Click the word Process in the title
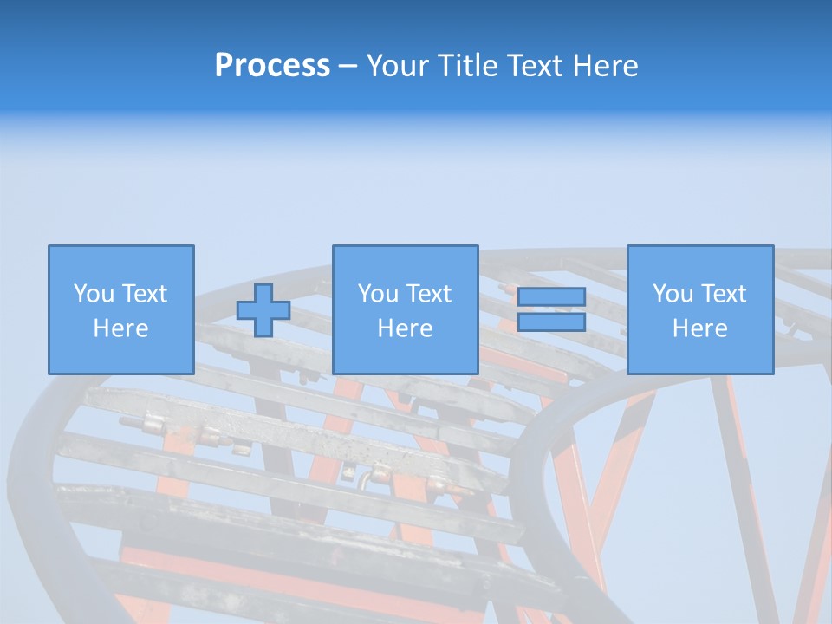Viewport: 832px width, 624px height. point(272,66)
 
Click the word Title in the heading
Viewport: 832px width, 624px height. point(467,66)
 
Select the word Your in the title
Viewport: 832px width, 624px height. point(400,66)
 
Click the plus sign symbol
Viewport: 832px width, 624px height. point(263,310)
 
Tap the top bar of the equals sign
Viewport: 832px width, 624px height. point(551,297)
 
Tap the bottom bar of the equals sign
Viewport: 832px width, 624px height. point(551,322)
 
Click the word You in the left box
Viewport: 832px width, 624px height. point(94,294)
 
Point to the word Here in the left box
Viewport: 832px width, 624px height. point(121,328)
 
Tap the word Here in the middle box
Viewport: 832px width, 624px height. point(406,328)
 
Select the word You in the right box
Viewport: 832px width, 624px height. point(673,294)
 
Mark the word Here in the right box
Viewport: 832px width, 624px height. point(700,328)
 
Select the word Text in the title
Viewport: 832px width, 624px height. point(531,66)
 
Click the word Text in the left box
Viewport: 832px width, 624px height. point(144,294)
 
